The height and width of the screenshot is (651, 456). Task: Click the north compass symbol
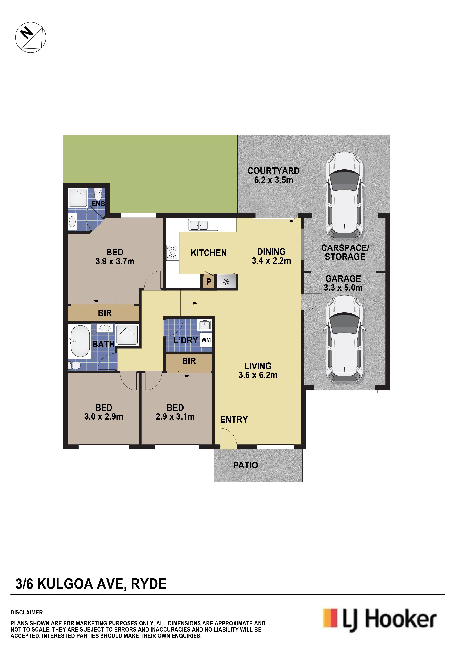[31, 37]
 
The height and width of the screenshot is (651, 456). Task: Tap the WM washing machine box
[206, 340]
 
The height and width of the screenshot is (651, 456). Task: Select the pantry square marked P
[208, 282]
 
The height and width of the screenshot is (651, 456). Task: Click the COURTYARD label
[274, 171]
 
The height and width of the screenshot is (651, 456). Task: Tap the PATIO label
[246, 465]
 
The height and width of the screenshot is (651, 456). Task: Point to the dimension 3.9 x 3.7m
[115, 261]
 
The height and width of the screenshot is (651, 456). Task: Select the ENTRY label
[234, 419]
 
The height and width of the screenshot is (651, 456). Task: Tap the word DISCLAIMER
[27, 613]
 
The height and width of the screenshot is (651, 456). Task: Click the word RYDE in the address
[149, 584]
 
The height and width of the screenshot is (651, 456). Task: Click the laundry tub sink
[205, 325]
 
